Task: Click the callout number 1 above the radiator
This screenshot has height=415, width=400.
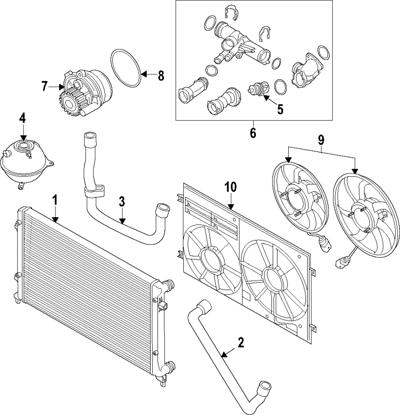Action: (x=55, y=200)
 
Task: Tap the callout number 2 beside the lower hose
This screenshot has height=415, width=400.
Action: (x=240, y=343)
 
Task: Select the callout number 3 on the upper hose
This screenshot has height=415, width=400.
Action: (x=121, y=202)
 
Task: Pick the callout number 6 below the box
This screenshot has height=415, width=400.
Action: (x=253, y=133)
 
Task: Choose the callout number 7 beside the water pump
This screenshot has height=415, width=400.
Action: (x=44, y=86)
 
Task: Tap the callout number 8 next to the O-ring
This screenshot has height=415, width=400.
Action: (x=161, y=76)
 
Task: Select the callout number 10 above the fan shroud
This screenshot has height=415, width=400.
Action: (x=230, y=187)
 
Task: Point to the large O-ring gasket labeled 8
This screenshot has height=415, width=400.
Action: (x=125, y=69)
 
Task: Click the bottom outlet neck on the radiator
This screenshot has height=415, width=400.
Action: (x=170, y=368)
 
